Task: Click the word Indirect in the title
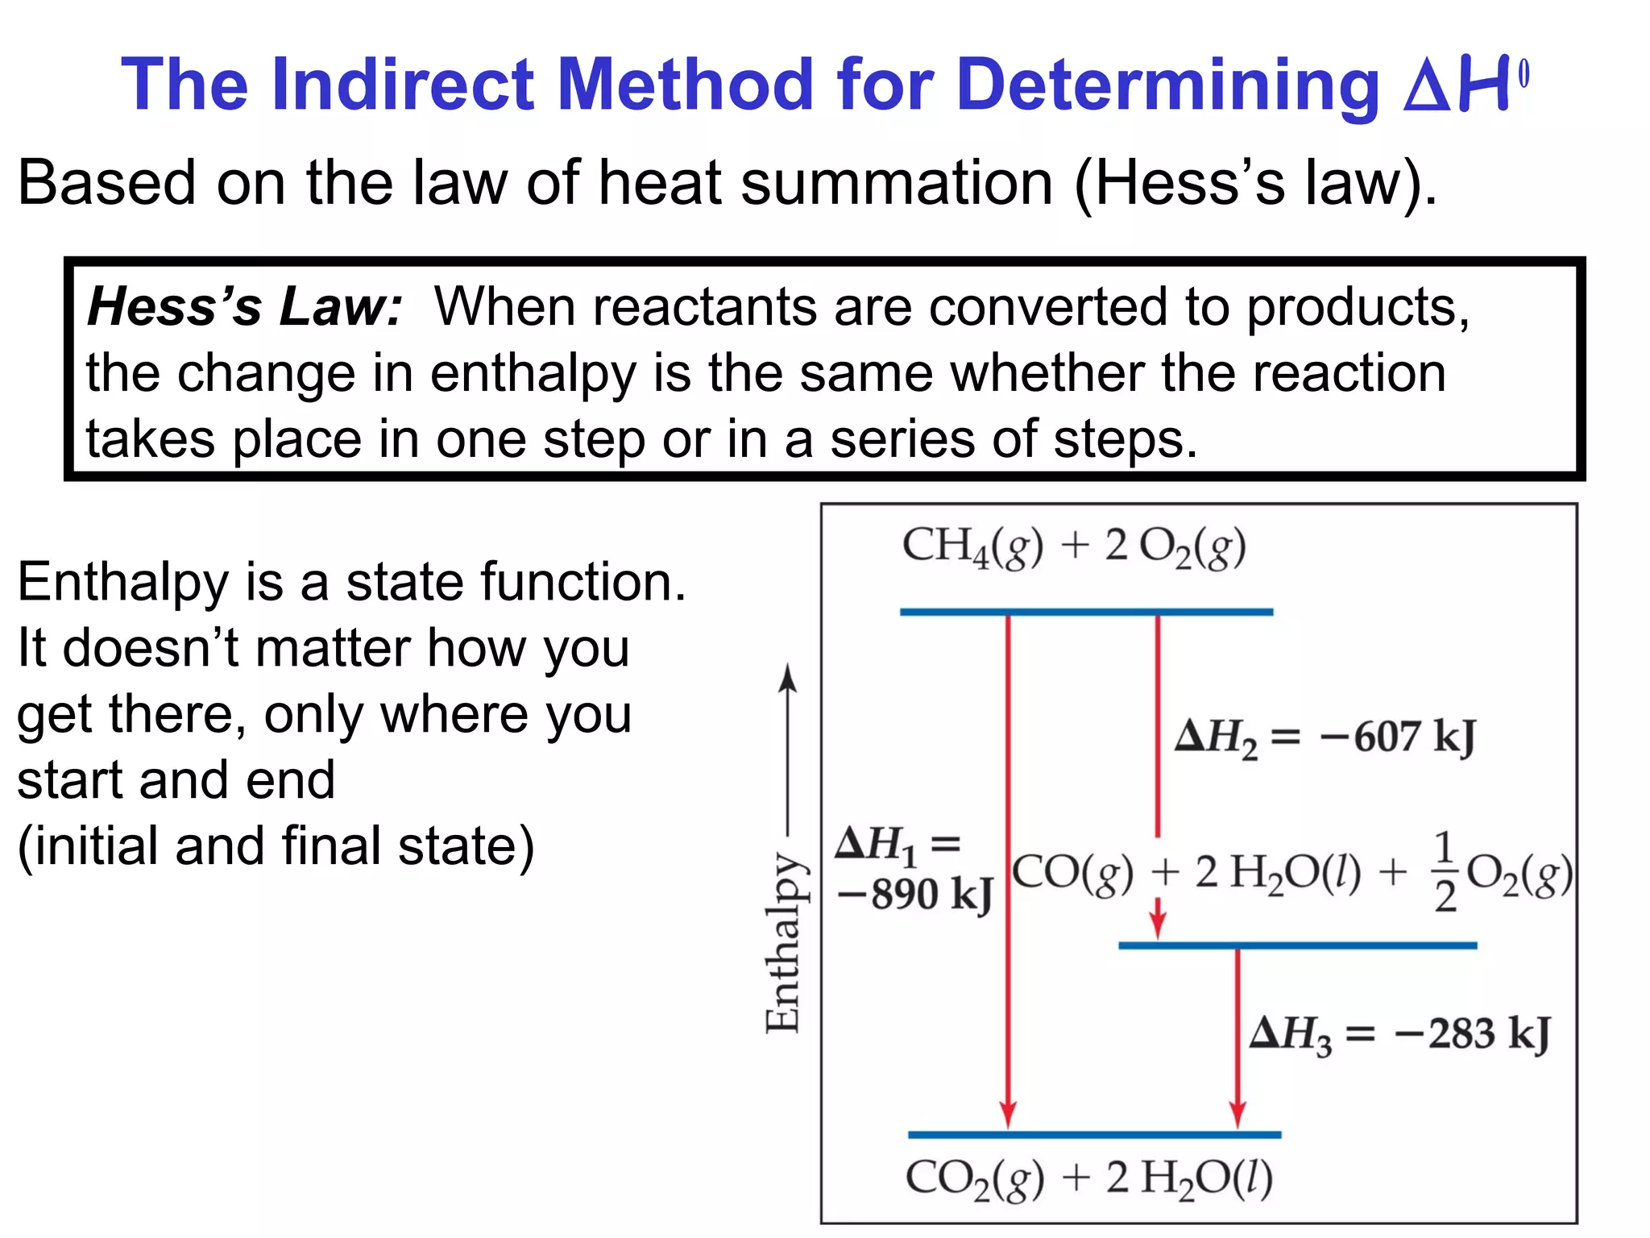403,84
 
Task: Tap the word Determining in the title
1168,84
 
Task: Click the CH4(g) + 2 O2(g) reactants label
1073,547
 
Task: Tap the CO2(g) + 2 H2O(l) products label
1088,1178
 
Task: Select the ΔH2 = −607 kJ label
1325,737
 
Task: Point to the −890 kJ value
915,894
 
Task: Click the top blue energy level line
1086,613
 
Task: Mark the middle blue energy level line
1297,945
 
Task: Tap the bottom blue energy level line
1094,1135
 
